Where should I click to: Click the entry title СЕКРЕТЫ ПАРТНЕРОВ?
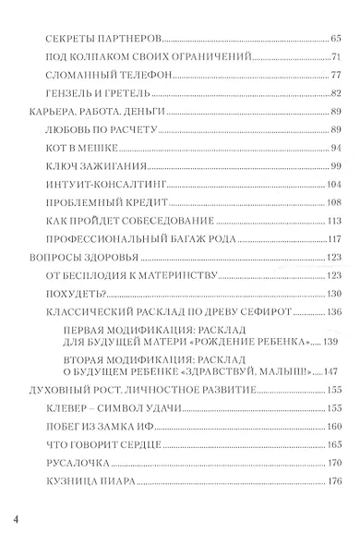(x=90, y=41)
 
